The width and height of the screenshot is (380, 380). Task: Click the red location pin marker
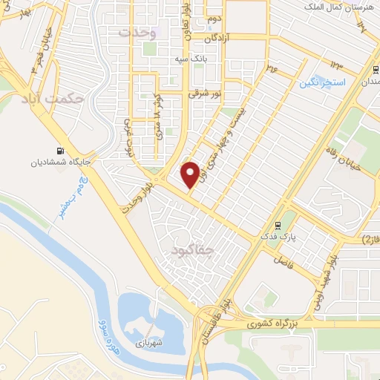coord(191,174)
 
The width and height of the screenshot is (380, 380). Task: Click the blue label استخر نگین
coord(324,84)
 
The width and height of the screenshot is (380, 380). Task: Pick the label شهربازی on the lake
coord(148,344)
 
